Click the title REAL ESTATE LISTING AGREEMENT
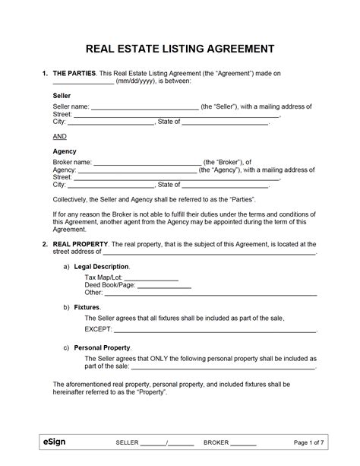(x=179, y=50)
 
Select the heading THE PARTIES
(x=74, y=73)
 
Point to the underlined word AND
(x=60, y=136)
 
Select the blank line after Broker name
(x=148, y=163)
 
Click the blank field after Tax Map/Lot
(x=150, y=278)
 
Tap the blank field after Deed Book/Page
(x=164, y=285)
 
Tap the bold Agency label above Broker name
(x=64, y=151)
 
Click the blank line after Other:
(x=210, y=293)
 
